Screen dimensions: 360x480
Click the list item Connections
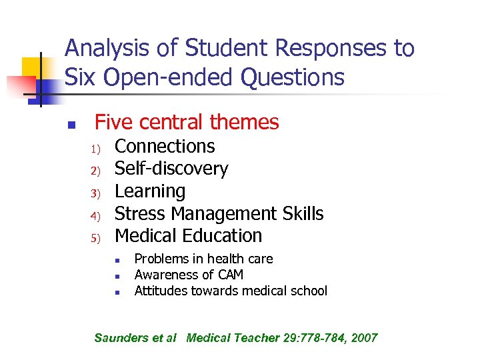(x=165, y=146)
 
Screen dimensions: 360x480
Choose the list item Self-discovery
(x=171, y=169)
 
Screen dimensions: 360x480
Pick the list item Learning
(x=150, y=191)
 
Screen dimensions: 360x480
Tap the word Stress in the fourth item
(x=140, y=214)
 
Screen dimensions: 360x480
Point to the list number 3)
(x=95, y=193)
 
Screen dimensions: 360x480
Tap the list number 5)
(x=95, y=238)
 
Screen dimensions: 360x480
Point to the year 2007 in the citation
(x=363, y=338)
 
